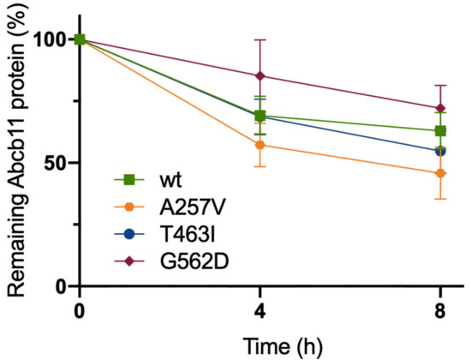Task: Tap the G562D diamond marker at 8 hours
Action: (440, 108)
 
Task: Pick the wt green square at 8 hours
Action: (440, 131)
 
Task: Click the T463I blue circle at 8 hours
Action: (440, 151)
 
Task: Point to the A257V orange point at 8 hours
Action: (440, 173)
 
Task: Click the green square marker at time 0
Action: (80, 39)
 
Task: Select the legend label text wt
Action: (167, 181)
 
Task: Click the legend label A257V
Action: (185, 207)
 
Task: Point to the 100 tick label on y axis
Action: (51, 39)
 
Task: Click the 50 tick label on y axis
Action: (57, 163)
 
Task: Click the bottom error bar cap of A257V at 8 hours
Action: (440, 199)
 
